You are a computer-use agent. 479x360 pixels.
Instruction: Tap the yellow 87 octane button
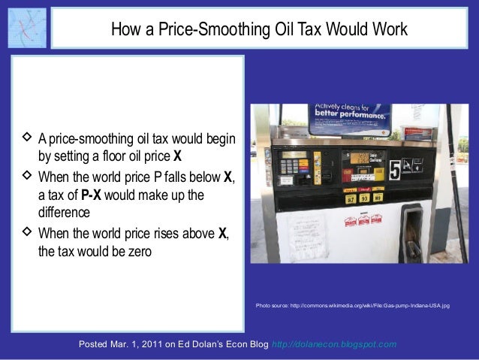point(350,198)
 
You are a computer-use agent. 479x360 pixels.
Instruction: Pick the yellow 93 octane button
point(365,198)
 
